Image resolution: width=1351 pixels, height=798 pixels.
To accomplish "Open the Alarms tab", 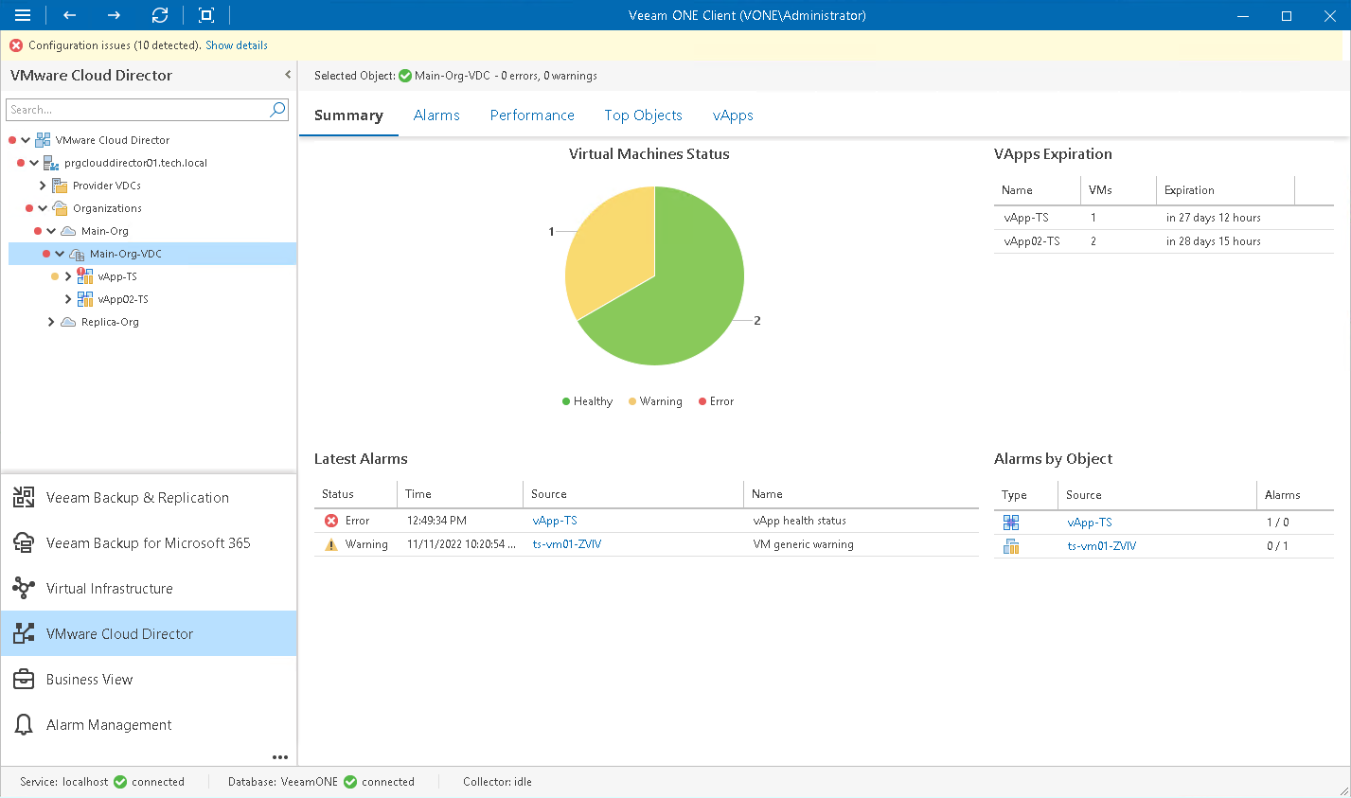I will [436, 115].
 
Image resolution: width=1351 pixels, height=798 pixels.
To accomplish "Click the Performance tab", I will [532, 115].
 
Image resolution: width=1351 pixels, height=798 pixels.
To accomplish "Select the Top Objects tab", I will [643, 115].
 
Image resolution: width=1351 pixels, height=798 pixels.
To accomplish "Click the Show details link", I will [237, 45].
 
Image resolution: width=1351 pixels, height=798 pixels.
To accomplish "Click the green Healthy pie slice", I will [682, 293].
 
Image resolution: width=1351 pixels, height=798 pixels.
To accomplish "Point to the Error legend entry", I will [717, 401].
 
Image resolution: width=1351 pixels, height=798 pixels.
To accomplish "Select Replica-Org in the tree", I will [110, 322].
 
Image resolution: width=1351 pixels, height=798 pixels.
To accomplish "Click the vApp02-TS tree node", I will [123, 299].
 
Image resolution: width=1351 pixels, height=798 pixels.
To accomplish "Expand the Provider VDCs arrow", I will [43, 186].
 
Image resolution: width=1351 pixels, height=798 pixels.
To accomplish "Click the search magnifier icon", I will [277, 110].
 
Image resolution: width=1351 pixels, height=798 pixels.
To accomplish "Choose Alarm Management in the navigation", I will [109, 725].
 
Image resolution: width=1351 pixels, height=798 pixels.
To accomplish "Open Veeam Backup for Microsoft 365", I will [148, 543].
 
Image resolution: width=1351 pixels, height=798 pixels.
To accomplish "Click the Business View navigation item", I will [89, 680].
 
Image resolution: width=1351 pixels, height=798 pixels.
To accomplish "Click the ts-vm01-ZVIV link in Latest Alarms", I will [566, 544].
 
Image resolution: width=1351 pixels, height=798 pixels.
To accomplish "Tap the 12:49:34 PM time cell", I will [436, 521].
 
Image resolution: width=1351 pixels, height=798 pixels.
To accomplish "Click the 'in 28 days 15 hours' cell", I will [1213, 241].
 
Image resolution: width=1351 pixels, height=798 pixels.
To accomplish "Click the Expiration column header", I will [1189, 190].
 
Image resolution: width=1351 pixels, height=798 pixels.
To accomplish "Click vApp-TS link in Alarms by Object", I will [1089, 523].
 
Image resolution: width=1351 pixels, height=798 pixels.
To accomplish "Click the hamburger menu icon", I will [23, 15].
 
